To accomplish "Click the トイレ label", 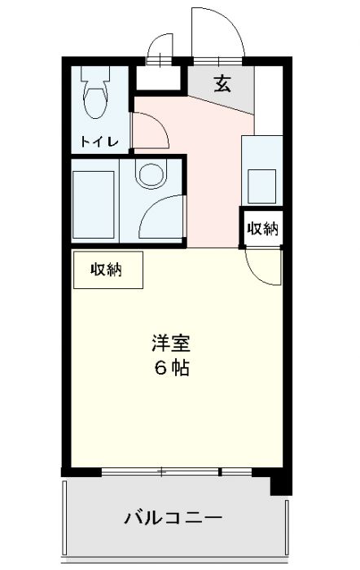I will [99, 141].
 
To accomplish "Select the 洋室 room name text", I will [170, 342].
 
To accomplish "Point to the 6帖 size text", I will [171, 367].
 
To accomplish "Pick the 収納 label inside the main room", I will [106, 270].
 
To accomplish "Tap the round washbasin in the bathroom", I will [150, 173].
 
